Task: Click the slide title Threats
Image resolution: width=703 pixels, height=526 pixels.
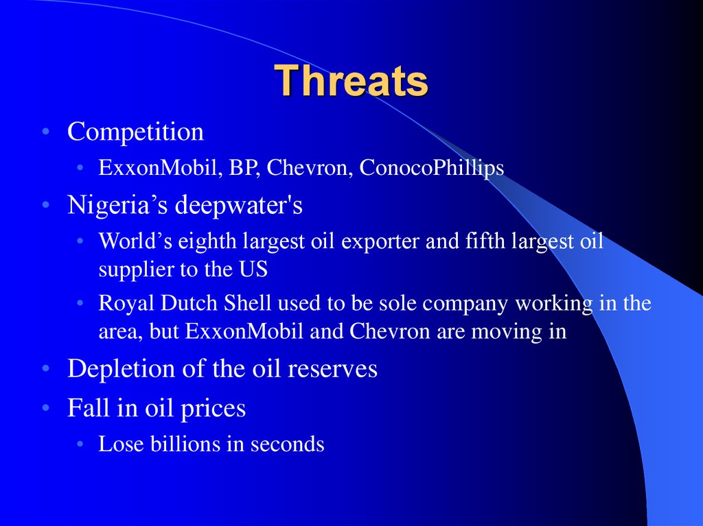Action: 351,81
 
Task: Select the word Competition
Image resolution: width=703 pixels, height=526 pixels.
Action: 135,132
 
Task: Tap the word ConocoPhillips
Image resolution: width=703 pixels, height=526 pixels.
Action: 432,167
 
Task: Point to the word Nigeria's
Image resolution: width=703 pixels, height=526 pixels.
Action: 117,205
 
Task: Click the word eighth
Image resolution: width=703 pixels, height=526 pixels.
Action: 207,242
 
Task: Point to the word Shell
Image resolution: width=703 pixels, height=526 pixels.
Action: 247,303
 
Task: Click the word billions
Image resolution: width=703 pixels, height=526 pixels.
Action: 185,444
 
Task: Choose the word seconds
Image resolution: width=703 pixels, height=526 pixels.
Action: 288,444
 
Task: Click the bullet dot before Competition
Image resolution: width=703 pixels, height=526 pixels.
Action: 45,132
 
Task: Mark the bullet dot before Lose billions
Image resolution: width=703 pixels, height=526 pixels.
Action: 80,444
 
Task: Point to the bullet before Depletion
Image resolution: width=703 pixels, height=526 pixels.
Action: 45,369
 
